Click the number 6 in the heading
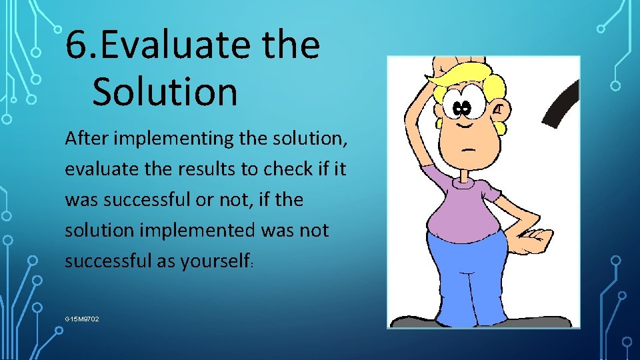tap(78, 45)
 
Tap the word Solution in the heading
tap(165, 92)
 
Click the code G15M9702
tap(82, 319)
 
